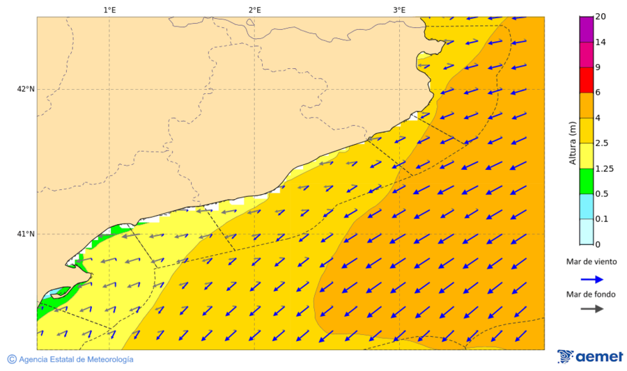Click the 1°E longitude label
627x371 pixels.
pyautogui.click(x=109, y=10)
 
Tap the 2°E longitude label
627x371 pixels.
pyautogui.click(x=254, y=10)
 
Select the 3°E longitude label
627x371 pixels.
pyautogui.click(x=399, y=10)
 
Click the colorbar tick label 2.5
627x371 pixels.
pyautogui.click(x=603, y=143)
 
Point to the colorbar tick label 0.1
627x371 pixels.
pyautogui.click(x=602, y=219)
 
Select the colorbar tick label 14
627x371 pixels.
pyautogui.click(x=601, y=42)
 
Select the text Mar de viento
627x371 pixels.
pyautogui.click(x=591, y=262)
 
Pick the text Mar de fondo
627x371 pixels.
pyautogui.click(x=591, y=294)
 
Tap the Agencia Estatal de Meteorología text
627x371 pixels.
pyautogui.click(x=76, y=359)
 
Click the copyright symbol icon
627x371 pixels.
pyautogui.click(x=12, y=359)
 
